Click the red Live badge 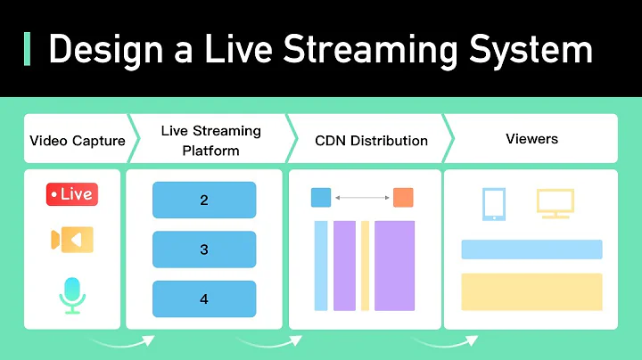click(x=71, y=194)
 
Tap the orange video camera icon click(x=71, y=240)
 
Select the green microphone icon click(x=71, y=295)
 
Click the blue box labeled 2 click(x=204, y=200)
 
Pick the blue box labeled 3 click(x=204, y=250)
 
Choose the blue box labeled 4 click(x=204, y=299)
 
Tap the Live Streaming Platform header click(x=210, y=140)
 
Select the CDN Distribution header click(x=371, y=140)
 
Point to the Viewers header click(x=531, y=139)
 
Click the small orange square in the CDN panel click(x=403, y=197)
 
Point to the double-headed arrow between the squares click(x=362, y=197)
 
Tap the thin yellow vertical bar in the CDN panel click(x=365, y=266)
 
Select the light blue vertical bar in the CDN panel click(x=321, y=266)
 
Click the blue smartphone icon click(x=493, y=203)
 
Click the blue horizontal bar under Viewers click(x=531, y=250)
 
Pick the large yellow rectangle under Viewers click(x=531, y=291)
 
